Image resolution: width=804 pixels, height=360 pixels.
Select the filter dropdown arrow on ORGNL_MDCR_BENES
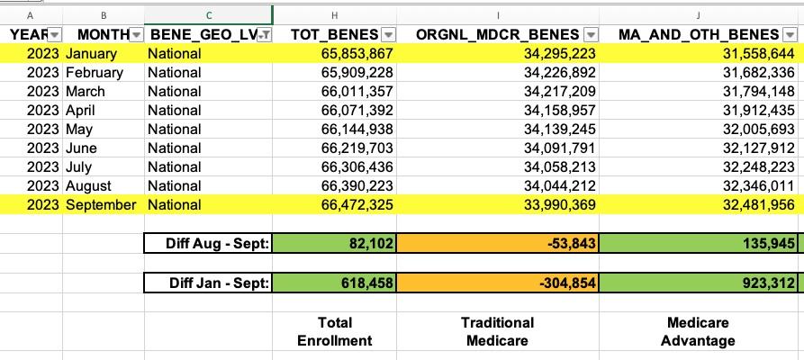tap(591, 34)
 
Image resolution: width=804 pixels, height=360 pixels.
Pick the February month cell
tap(95, 72)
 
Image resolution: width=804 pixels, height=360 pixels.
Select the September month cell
tap(101, 204)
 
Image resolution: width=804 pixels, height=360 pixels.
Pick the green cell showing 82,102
tap(335, 243)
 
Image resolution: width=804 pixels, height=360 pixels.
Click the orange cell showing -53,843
tap(497, 243)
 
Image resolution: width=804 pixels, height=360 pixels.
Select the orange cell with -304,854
tap(497, 283)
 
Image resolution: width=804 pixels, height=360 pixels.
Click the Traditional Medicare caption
tap(497, 331)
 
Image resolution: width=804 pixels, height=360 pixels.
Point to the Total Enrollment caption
tap(335, 331)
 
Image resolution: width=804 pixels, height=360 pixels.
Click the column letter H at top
tap(335, 15)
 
